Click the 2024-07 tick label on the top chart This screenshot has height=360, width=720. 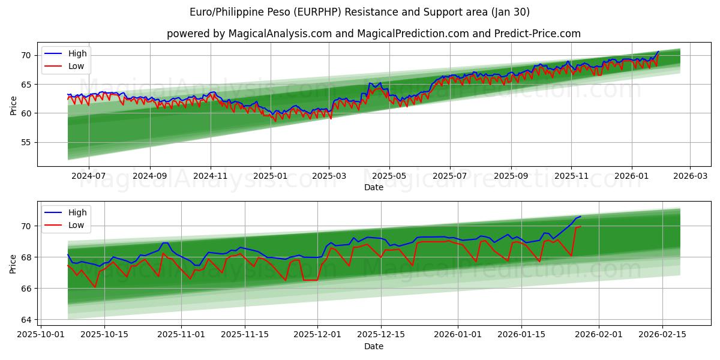pyautogui.click(x=88, y=176)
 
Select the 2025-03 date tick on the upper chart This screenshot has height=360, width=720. pyautogui.click(x=329, y=176)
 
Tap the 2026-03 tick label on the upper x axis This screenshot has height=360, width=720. pyautogui.click(x=689, y=176)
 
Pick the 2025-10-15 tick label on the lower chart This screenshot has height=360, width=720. pyautogui.click(x=104, y=335)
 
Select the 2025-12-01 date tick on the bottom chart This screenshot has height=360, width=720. pyautogui.click(x=317, y=335)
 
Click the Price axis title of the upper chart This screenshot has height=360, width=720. pyautogui.click(x=13, y=104)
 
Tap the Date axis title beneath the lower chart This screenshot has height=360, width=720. pyautogui.click(x=373, y=346)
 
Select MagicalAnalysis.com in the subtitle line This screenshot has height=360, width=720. pyautogui.click(x=280, y=34)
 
